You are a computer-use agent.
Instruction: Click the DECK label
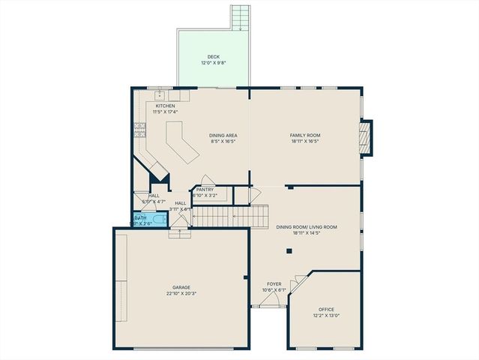click(214, 57)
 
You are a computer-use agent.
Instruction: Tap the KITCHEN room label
click(165, 106)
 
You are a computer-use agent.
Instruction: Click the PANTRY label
click(205, 190)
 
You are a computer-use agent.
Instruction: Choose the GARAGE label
click(181, 287)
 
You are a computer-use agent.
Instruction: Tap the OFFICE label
click(325, 309)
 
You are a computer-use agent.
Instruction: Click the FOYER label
click(274, 284)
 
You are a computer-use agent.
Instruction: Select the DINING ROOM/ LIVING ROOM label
click(306, 226)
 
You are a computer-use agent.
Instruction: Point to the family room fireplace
click(365, 138)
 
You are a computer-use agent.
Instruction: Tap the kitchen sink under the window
click(160, 96)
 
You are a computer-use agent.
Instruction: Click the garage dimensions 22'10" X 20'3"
click(181, 293)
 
